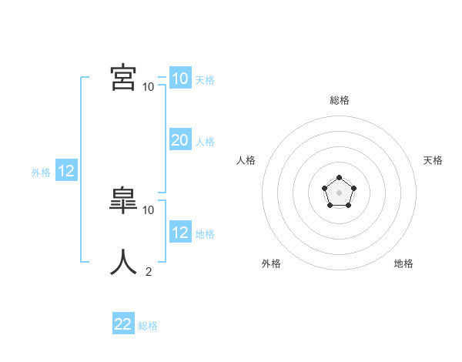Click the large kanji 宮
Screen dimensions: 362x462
pos(123,77)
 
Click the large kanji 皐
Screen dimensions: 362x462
pos(123,200)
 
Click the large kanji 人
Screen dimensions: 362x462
pos(123,262)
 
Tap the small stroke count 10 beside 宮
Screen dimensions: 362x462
pos(148,86)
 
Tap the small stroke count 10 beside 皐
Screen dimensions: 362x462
pos(148,209)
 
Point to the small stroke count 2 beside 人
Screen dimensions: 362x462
pos(149,271)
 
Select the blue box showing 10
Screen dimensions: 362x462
pos(179,78)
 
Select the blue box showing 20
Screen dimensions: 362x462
pos(179,139)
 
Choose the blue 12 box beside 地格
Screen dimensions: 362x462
pos(179,232)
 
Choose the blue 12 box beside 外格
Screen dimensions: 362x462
pos(66,171)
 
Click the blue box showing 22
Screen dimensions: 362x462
pos(123,324)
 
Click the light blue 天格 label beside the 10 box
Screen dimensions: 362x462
pos(205,80)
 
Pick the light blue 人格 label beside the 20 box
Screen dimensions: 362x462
pos(205,142)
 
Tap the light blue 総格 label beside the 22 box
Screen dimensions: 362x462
pos(148,327)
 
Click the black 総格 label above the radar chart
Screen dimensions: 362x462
pos(339,100)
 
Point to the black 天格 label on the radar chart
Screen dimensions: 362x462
pos(433,160)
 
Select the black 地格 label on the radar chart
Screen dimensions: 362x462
pos(403,263)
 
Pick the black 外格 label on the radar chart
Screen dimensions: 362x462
pos(271,263)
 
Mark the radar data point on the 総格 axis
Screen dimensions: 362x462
pos(339,178)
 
